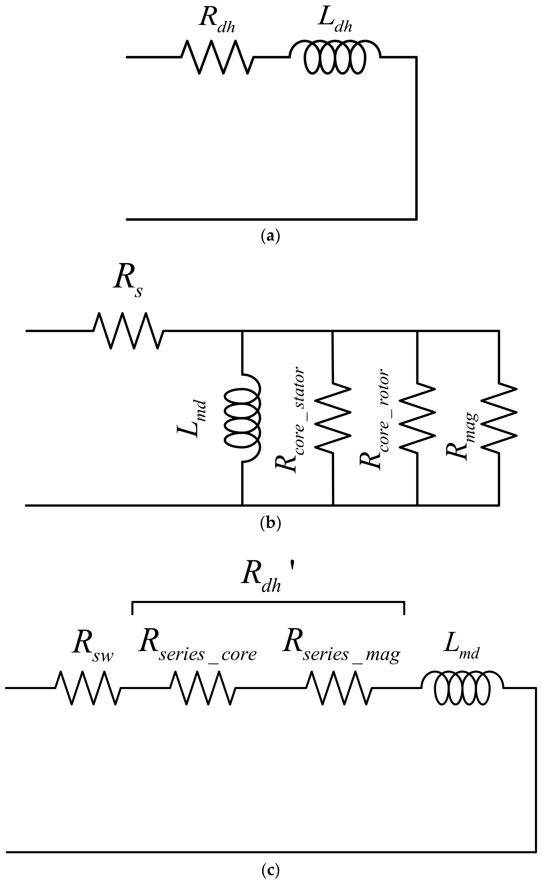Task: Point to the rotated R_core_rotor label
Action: pyautogui.click(x=374, y=419)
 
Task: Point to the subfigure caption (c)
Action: pyautogui.click(x=270, y=869)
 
